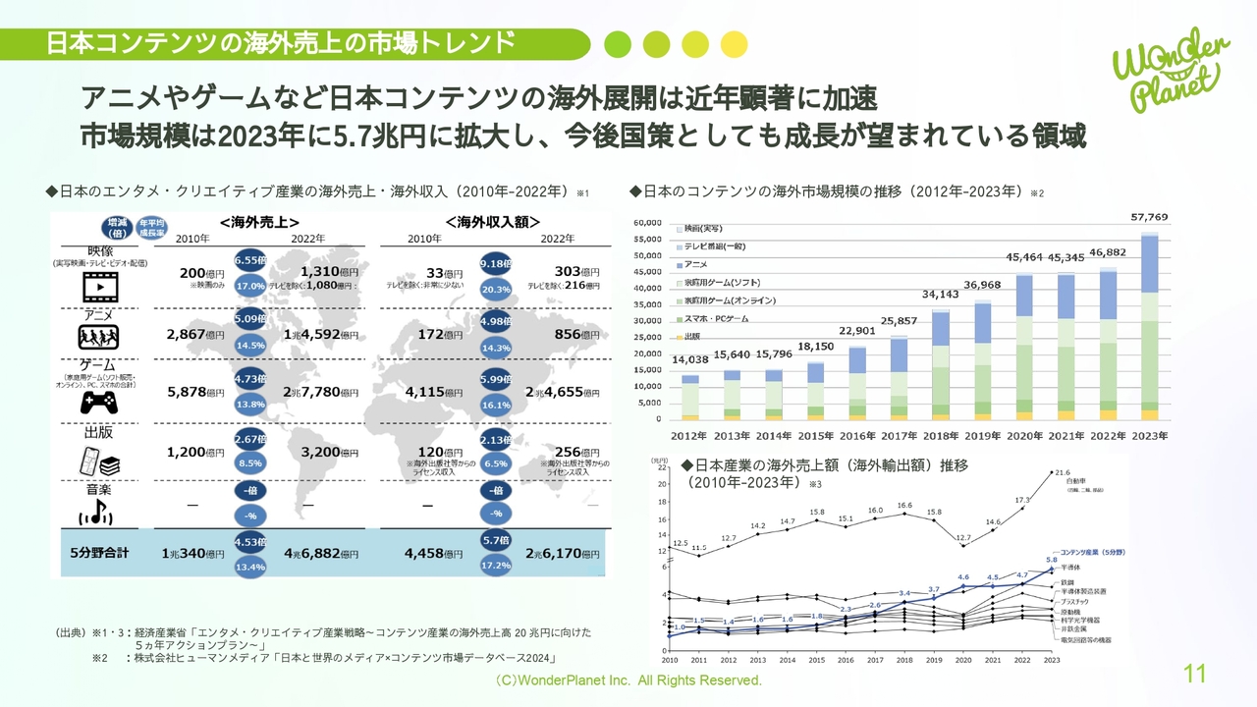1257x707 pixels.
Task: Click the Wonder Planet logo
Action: pos(1170,69)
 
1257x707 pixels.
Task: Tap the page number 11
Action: pos(1194,674)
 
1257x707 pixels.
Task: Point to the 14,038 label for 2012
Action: pos(690,359)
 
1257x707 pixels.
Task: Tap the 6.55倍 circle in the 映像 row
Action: pos(251,262)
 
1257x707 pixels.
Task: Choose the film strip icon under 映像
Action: pos(98,286)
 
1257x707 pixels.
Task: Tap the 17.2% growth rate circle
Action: pos(496,567)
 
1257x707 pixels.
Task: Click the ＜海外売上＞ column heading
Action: pos(260,222)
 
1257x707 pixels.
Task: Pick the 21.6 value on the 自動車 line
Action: pos(1061,472)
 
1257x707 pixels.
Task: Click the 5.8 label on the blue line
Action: pos(1051,560)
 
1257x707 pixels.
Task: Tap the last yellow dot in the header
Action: pos(734,44)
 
